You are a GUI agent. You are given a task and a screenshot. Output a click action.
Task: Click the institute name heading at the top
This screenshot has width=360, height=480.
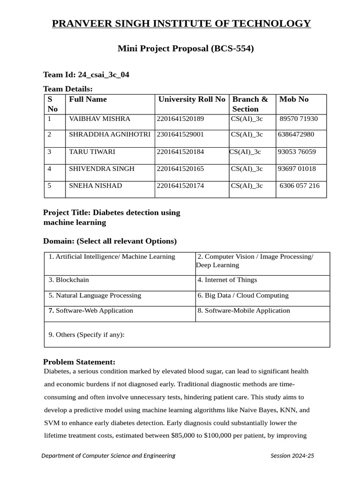click(x=181, y=23)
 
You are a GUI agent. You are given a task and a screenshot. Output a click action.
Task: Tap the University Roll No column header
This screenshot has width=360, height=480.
click(x=191, y=99)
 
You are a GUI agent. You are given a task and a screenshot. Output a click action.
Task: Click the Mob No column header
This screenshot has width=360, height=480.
click(x=294, y=99)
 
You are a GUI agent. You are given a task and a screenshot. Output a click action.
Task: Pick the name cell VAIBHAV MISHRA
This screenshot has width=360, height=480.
click(x=99, y=119)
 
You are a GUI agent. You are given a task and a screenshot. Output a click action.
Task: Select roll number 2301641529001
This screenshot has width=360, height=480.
click(x=180, y=135)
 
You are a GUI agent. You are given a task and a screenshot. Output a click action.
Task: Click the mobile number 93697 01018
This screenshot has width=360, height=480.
click(x=297, y=169)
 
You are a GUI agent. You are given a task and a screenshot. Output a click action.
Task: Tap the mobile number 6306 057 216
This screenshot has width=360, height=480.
click(x=300, y=186)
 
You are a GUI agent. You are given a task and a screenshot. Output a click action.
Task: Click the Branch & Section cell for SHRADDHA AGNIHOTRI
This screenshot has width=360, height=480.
click(x=247, y=135)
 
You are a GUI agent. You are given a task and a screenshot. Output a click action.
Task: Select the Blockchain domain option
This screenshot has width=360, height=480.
click(x=69, y=280)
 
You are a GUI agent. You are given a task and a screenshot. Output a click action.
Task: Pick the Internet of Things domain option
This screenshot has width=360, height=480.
click(x=227, y=280)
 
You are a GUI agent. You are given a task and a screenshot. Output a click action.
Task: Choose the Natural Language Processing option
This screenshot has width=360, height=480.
click(x=95, y=295)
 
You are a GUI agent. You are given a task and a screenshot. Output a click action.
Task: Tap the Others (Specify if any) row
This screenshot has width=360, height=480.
click(x=87, y=335)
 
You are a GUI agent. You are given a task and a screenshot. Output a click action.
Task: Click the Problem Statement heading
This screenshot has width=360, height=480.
click(x=79, y=362)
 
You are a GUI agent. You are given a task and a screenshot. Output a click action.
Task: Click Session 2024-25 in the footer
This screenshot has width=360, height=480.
click(x=292, y=456)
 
